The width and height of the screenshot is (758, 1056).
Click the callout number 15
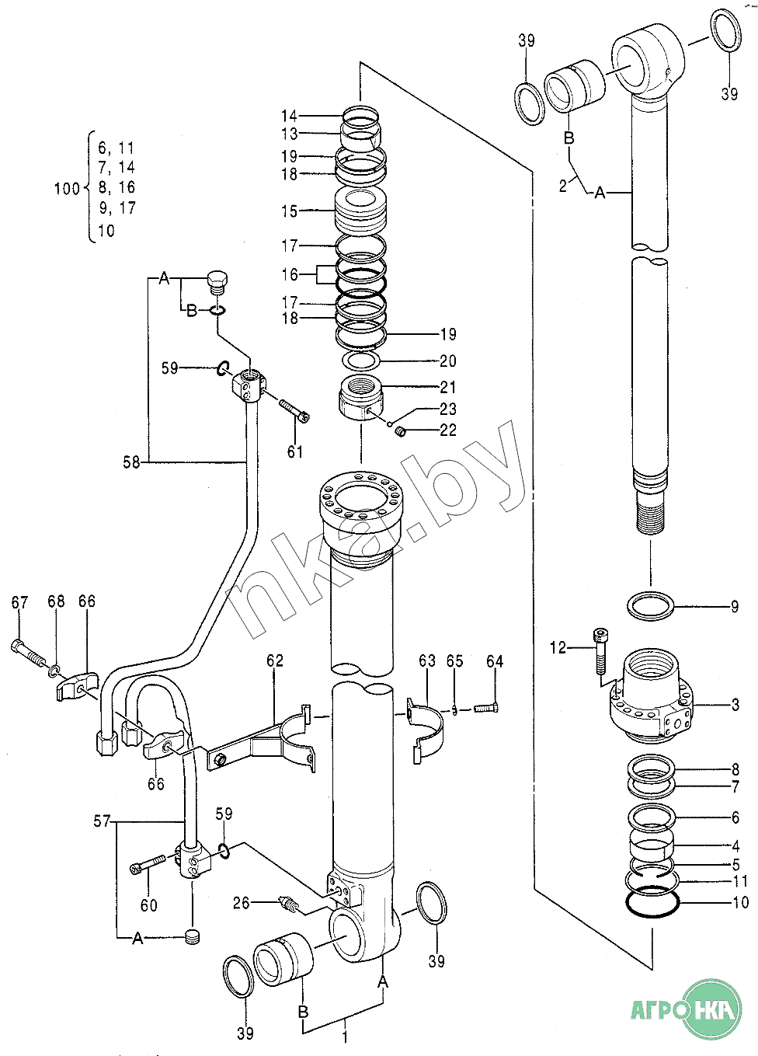[290, 211]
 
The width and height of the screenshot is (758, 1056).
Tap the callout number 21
[448, 388]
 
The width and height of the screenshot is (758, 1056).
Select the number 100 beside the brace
[68, 189]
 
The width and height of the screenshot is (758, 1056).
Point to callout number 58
[131, 462]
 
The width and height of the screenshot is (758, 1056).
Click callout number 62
[275, 660]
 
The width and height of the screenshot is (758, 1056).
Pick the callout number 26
[242, 903]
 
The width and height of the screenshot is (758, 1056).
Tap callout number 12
[558, 648]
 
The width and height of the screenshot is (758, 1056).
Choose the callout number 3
[735, 705]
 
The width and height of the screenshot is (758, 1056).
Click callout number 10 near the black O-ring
[741, 902]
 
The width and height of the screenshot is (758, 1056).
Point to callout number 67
[19, 602]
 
